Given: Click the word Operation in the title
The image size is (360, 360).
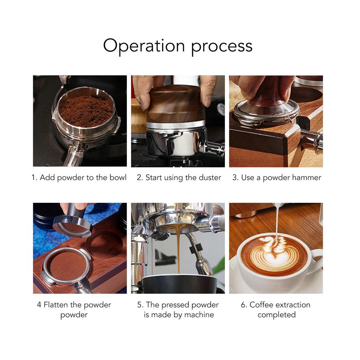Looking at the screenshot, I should (x=144, y=46).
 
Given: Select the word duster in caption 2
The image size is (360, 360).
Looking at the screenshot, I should (x=210, y=178).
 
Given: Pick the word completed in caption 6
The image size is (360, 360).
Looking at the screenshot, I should (x=276, y=315).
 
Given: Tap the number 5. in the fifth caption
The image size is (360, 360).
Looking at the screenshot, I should (x=140, y=305).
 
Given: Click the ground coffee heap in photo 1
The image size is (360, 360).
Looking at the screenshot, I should (x=86, y=110).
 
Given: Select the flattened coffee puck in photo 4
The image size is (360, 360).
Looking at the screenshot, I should (x=67, y=266).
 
